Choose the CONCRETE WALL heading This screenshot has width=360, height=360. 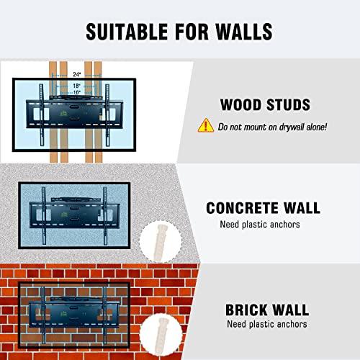point(263,208)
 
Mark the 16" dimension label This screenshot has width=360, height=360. point(75,92)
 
